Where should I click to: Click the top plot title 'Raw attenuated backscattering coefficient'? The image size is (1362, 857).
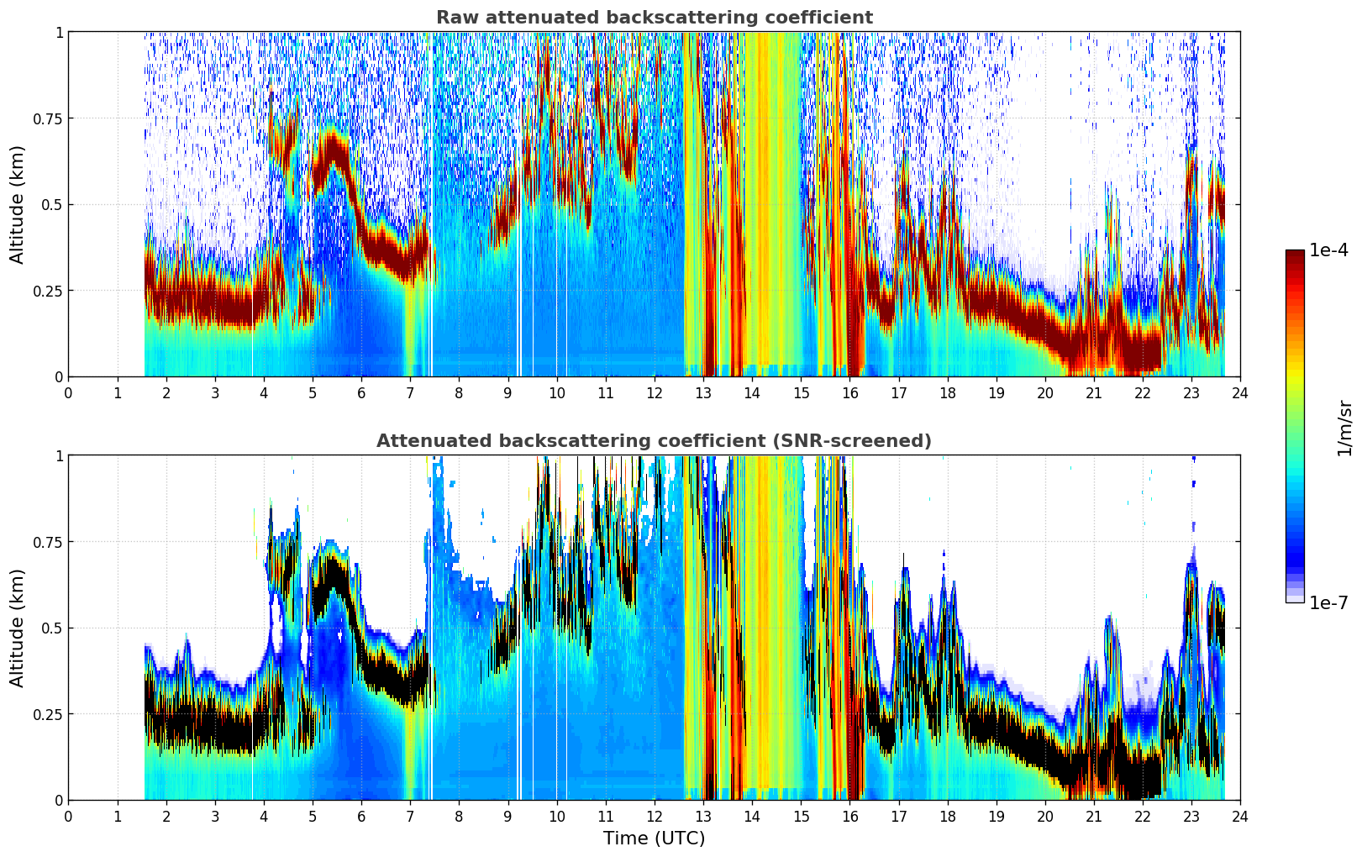coord(655,18)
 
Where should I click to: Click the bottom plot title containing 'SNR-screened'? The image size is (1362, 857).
coord(655,440)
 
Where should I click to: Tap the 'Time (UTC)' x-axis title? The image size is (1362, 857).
coord(655,839)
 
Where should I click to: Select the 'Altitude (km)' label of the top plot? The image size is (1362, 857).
coord(17,205)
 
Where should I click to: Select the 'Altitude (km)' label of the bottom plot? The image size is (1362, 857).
coord(17,628)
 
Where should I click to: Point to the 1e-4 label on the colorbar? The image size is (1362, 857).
coord(1328,250)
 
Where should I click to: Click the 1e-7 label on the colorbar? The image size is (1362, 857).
coord(1328,603)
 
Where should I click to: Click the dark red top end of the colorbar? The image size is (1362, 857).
coord(1295,253)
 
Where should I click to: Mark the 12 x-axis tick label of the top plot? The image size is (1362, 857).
coord(655,393)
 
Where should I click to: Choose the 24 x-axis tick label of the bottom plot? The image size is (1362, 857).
coord(1240,817)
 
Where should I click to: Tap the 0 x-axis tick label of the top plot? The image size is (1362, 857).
coord(68,393)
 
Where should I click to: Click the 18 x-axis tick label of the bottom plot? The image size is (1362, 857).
coord(947,817)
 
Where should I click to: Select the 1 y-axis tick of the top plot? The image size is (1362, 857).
coord(60,32)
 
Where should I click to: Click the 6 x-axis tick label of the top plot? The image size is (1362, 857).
coord(361,393)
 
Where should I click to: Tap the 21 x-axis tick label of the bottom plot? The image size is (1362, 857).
coord(1094,817)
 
